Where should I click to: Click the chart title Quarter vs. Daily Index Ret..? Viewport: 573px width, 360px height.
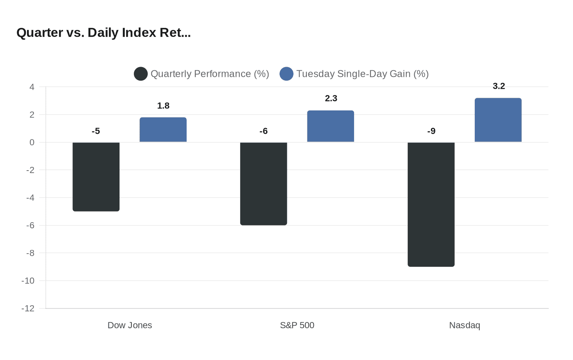[104, 33]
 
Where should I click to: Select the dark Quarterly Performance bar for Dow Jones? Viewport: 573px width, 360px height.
[96, 177]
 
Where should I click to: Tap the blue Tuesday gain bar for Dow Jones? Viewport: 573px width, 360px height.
[163, 130]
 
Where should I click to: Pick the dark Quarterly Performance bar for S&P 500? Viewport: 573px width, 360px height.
[264, 184]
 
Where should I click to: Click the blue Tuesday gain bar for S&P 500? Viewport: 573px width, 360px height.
[331, 126]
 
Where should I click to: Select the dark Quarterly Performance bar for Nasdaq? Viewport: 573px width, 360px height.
[431, 205]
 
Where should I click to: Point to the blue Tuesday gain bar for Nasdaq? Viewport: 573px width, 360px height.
[498, 120]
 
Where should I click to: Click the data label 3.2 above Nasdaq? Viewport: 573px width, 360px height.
[499, 86]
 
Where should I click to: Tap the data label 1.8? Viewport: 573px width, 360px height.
[163, 106]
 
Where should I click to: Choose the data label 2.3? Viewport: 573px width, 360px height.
[331, 99]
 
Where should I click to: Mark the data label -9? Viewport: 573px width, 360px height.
[431, 131]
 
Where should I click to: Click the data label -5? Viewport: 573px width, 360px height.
[96, 131]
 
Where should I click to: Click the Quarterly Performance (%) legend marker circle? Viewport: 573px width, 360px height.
[141, 74]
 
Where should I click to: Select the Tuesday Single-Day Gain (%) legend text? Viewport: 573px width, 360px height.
[362, 74]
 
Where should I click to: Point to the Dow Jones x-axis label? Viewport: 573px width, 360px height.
[130, 325]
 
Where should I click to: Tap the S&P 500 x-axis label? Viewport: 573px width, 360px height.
[297, 325]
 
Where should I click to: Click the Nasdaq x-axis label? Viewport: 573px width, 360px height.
[465, 325]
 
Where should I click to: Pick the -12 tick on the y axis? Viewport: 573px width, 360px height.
[28, 308]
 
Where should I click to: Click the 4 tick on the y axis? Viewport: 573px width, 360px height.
[32, 87]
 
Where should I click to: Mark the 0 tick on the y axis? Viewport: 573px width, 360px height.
[32, 142]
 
